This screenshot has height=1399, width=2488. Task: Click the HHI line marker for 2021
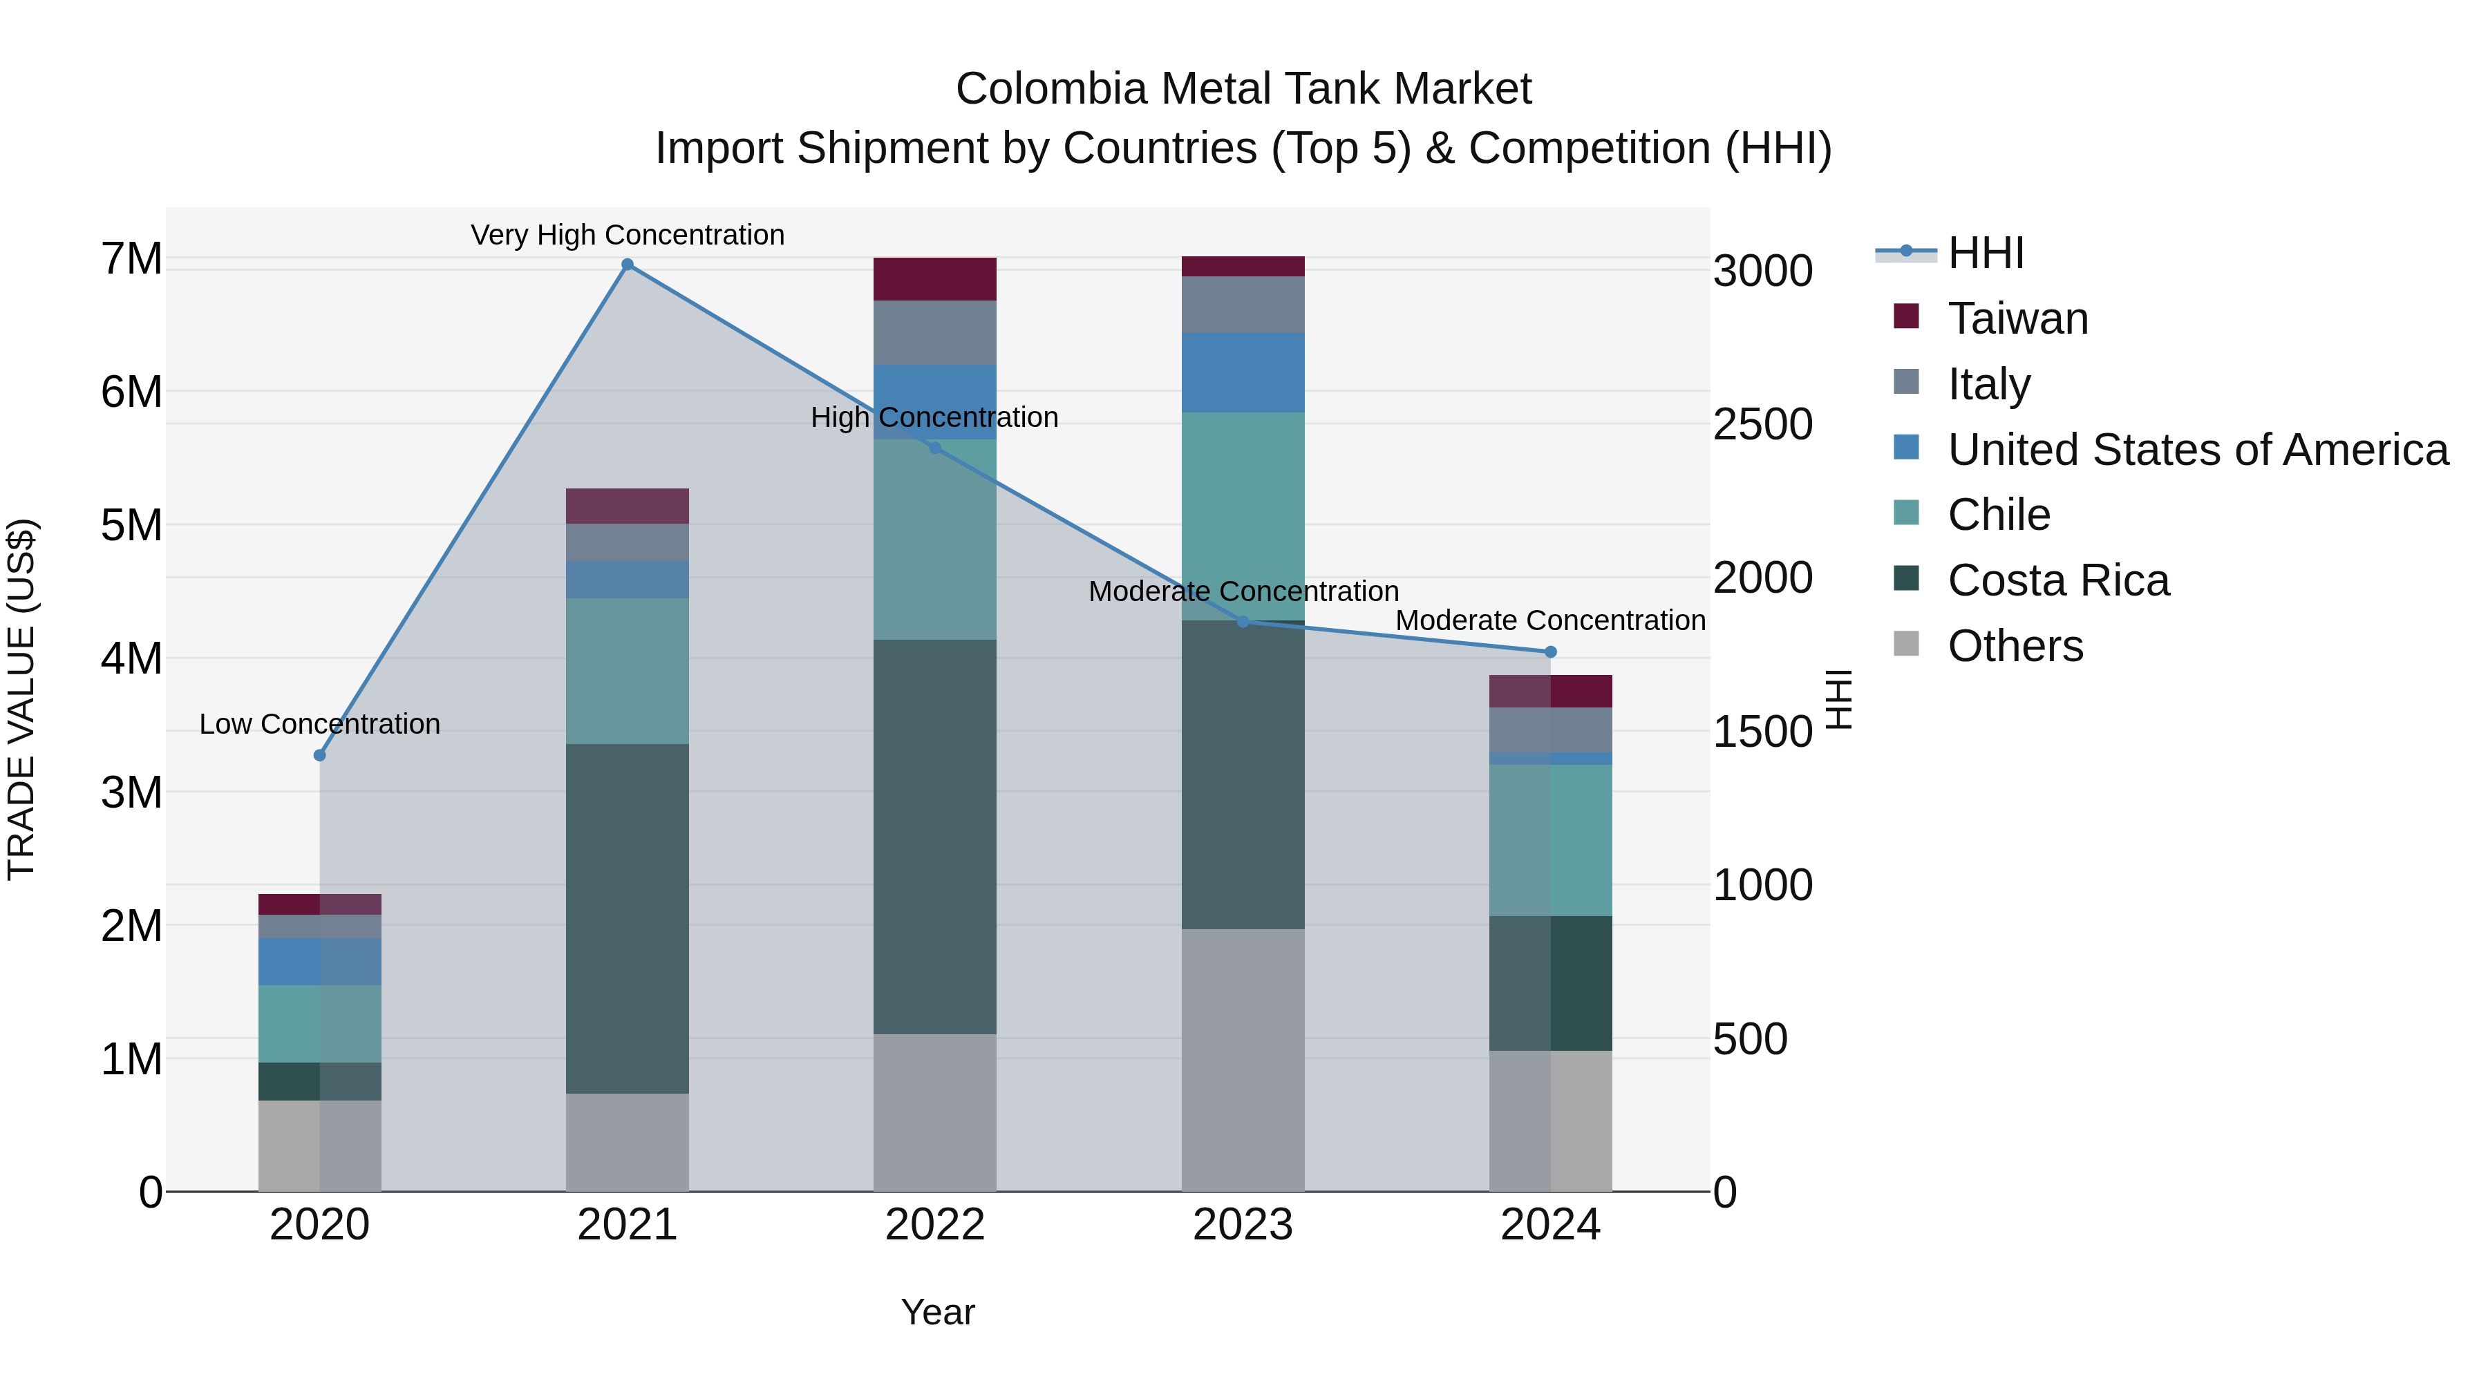[x=627, y=265]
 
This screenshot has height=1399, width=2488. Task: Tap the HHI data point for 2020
[x=320, y=755]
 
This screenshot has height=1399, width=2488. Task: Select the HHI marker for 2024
[x=1551, y=651]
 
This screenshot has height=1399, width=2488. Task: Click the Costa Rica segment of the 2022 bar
[x=934, y=836]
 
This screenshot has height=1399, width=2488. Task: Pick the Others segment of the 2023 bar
[x=1243, y=1060]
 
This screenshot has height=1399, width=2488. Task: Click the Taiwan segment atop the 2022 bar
[x=934, y=279]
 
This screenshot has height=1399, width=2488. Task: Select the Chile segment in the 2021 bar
[x=627, y=671]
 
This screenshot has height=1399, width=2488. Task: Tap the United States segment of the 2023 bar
[x=1243, y=372]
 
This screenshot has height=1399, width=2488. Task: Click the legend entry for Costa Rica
[x=2057, y=580]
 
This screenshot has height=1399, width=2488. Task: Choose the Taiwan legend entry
[x=2017, y=318]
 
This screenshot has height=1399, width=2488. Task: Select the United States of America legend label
[x=2197, y=450]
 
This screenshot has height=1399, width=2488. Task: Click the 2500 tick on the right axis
[x=1762, y=425]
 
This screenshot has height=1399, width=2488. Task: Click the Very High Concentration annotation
[x=627, y=235]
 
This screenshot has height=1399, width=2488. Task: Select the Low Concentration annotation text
[x=320, y=724]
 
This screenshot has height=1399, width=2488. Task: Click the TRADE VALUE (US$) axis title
[x=22, y=699]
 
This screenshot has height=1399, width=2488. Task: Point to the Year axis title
[x=937, y=1312]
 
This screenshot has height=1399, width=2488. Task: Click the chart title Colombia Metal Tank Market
[x=1243, y=89]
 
